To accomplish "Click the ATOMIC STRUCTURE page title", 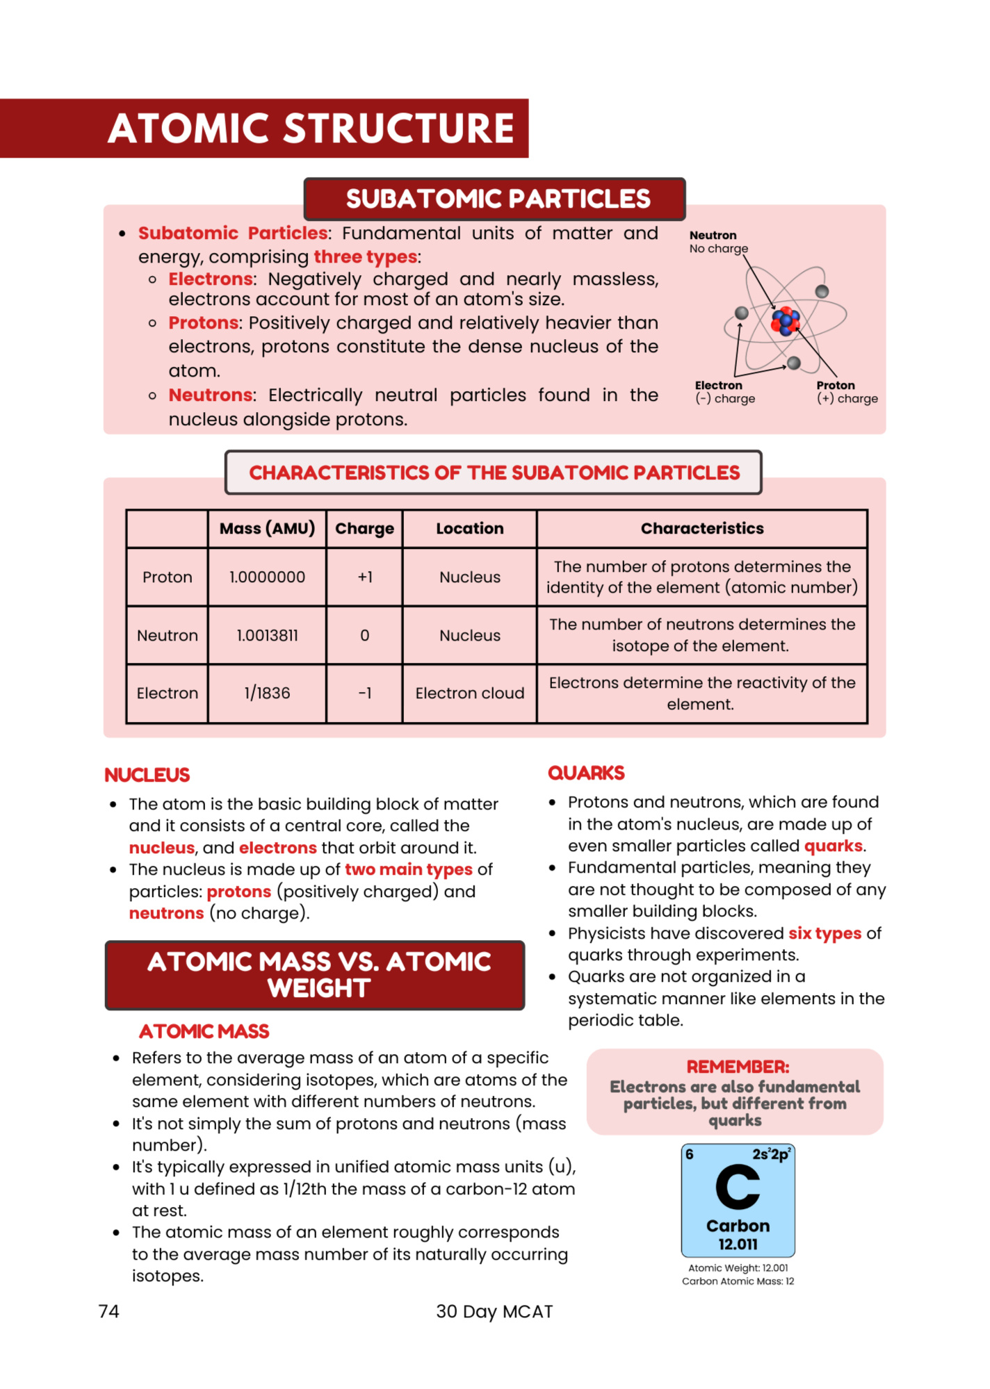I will (x=311, y=129).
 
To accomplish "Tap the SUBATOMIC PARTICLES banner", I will (x=498, y=199).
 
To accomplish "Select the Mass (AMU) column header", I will (x=267, y=529).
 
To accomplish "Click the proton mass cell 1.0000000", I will (x=267, y=577).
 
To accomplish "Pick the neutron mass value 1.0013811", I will (x=267, y=636).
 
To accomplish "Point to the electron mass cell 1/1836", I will (x=267, y=693).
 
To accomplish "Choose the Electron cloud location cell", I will (x=469, y=693).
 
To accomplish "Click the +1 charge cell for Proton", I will (x=365, y=577).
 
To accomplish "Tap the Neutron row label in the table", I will (x=167, y=636).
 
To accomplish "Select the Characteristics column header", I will (x=701, y=529).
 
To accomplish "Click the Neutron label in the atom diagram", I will (x=713, y=236).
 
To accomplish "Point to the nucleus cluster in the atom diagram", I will (x=786, y=321).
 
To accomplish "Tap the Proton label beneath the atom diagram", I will (x=836, y=386).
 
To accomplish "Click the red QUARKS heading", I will (x=586, y=773).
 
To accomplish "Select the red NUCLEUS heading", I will (x=147, y=775).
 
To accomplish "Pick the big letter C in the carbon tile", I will (x=738, y=1187).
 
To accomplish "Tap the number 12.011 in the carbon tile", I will (x=738, y=1244).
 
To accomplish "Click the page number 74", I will (x=109, y=1312).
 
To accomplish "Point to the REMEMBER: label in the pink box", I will (x=738, y=1067).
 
